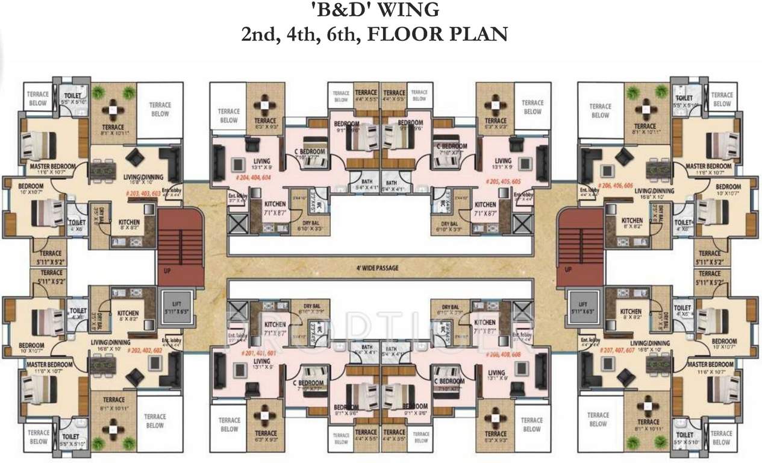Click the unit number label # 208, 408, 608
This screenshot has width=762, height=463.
(x=504, y=355)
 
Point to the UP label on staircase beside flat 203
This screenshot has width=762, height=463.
(x=167, y=271)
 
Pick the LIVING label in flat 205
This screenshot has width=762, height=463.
(x=502, y=161)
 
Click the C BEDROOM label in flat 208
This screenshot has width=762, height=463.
(x=452, y=382)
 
